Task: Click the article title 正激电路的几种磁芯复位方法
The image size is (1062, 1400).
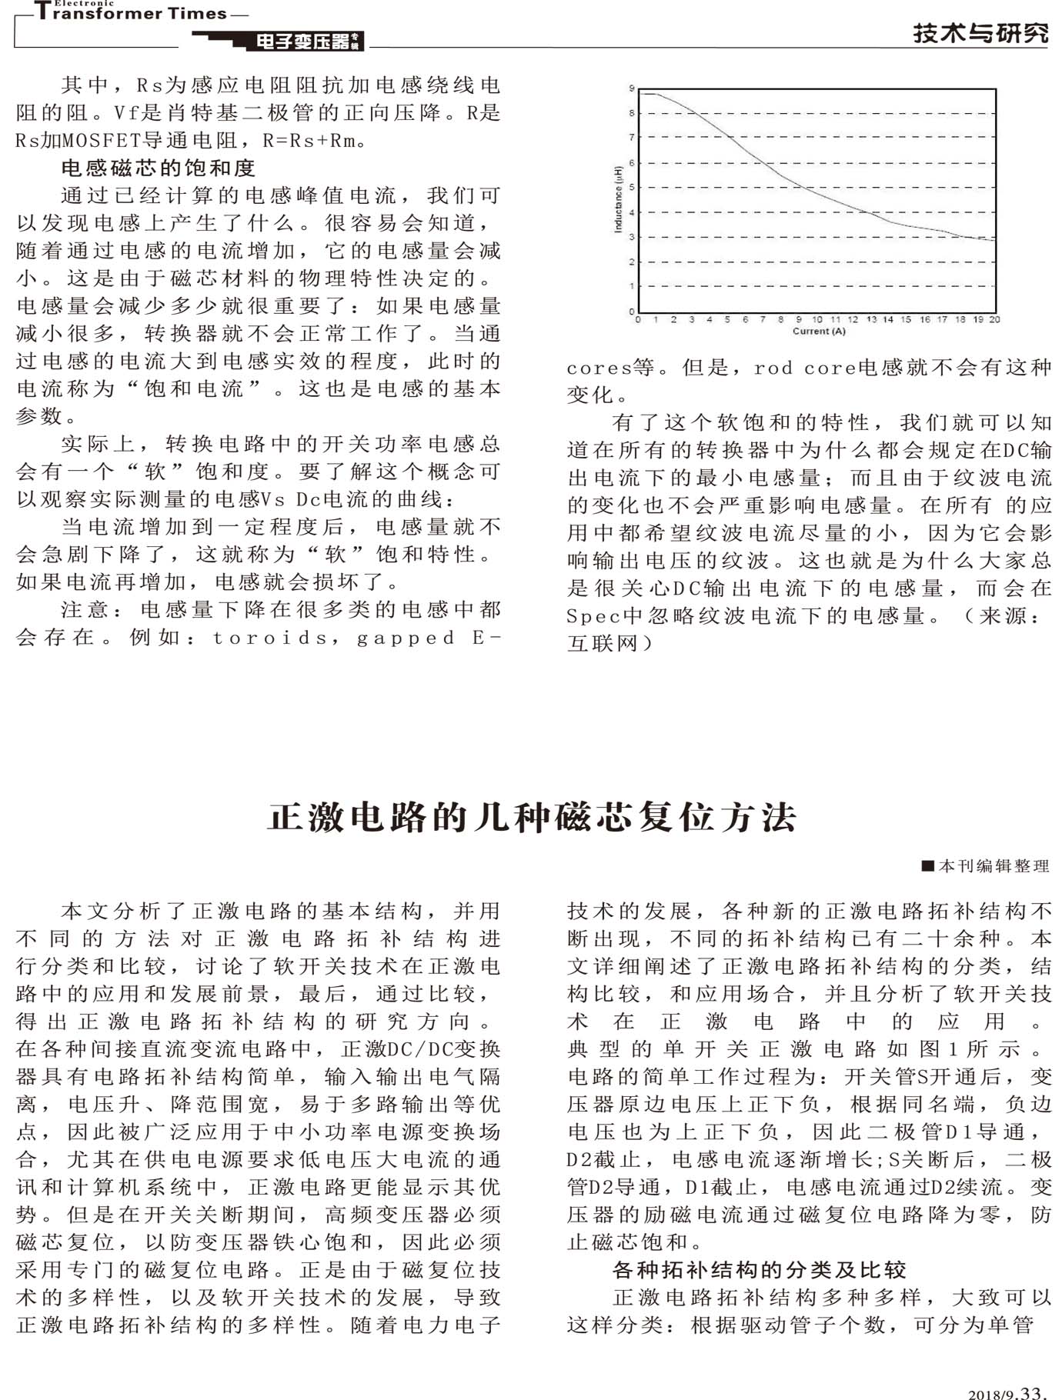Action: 531,817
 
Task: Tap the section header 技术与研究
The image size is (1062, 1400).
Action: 980,34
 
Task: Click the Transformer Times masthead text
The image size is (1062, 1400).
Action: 131,14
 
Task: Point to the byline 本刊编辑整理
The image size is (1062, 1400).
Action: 993,866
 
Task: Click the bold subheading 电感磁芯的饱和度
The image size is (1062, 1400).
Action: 158,168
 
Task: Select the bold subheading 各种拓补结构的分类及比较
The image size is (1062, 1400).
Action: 759,1269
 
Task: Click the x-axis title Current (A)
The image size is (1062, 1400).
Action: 819,332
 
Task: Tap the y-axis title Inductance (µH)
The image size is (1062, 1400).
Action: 618,199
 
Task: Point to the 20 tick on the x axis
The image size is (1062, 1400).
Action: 994,319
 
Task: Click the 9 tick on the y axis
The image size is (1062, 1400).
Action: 632,89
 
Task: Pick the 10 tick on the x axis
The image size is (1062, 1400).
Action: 817,319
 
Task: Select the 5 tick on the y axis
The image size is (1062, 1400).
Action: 632,188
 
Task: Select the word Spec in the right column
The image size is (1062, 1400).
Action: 593,616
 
